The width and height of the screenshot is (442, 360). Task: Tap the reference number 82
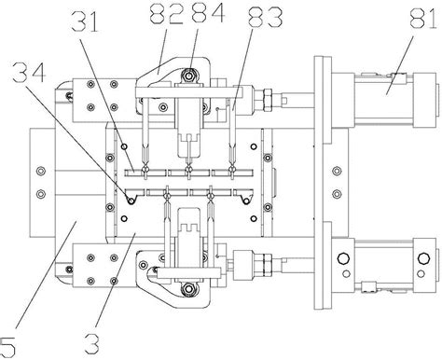click(x=166, y=14)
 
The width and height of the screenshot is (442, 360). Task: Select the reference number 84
click(x=208, y=13)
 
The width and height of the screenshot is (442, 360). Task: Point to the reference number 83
click(x=266, y=18)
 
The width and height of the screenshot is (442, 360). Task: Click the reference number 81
click(x=425, y=19)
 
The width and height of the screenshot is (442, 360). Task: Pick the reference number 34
click(x=29, y=72)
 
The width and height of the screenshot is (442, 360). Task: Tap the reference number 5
click(x=7, y=347)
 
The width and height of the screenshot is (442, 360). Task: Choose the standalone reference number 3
click(x=92, y=343)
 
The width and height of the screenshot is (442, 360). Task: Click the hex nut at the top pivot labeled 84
click(x=188, y=76)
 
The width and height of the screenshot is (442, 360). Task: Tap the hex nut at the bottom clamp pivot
click(x=187, y=289)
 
